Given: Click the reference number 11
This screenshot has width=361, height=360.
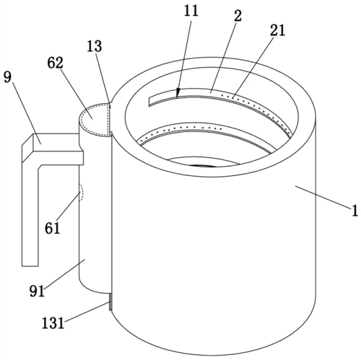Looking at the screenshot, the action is point(191,11).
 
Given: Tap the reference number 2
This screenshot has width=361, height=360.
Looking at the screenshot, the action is point(238,16).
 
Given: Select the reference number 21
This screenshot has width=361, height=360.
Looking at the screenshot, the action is point(277,30).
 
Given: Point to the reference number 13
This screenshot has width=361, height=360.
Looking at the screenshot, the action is point(95,46).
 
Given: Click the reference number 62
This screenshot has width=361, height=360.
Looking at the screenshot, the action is point(55,63).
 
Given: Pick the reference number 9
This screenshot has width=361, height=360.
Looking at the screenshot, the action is point(7,77).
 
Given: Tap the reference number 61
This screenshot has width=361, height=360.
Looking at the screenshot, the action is point(52,228).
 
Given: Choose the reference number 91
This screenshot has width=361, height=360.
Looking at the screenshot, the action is point(37,291).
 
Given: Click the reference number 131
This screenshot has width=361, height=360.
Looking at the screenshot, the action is point(53,323).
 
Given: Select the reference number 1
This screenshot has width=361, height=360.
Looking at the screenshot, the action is point(355,211).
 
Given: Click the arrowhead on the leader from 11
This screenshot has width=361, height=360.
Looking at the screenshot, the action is point(178,92).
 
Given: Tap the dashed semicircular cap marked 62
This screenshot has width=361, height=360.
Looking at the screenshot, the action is point(96,119).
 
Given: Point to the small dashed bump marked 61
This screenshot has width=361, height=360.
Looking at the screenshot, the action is point(82,193).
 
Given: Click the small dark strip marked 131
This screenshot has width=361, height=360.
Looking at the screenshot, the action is point(110,302).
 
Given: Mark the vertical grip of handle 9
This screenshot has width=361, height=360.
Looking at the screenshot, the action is point(30,214).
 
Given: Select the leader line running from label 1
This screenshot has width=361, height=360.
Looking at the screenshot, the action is point(323,197).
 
